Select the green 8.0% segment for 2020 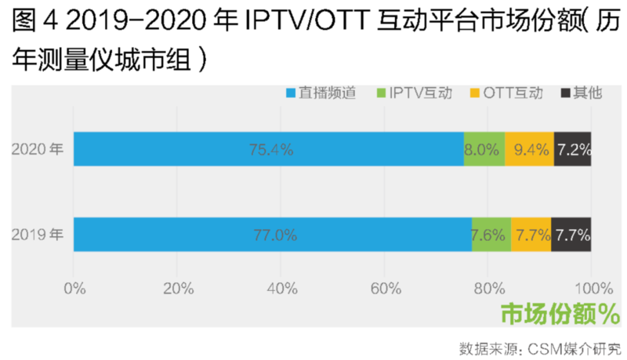484,149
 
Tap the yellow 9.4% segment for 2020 529,149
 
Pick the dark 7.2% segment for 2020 573,149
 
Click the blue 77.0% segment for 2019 273,235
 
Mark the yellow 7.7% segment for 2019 531,235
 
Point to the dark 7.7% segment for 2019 571,235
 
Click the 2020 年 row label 38,149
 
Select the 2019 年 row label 38,235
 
